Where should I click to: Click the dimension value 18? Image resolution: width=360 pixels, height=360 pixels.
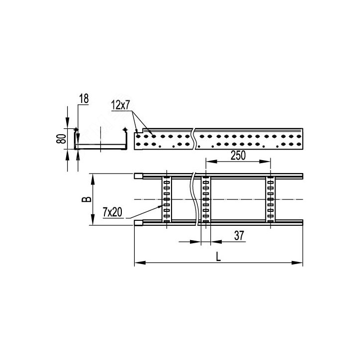pos(84,99)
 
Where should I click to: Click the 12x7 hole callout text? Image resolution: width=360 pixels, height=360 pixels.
pos(120,105)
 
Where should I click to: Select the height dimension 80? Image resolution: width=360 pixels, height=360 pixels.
pos(61,139)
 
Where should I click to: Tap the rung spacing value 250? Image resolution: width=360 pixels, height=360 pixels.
pos(238,156)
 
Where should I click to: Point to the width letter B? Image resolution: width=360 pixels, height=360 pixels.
pos(87,199)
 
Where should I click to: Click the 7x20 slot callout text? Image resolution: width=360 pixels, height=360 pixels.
pos(112,212)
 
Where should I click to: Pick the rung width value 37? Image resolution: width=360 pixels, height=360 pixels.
pos(239,236)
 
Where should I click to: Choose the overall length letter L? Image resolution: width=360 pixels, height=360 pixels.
pos(218,256)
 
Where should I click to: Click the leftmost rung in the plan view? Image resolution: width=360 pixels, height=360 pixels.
pos(167,199)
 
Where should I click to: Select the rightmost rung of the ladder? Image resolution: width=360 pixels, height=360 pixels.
pos(270,199)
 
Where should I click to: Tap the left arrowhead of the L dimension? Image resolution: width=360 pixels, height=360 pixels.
pos(140,263)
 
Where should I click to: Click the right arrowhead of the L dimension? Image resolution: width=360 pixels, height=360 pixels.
pos(297,263)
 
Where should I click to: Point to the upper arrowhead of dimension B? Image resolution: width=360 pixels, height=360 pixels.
pos(92,179)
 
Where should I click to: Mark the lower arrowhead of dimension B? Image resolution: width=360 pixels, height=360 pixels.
pos(92,220)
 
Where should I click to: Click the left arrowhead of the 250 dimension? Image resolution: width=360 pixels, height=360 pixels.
pos(211,162)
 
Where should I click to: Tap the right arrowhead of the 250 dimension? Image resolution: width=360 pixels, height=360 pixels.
pos(265,162)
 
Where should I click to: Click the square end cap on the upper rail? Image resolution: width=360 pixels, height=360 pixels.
pos(138,176)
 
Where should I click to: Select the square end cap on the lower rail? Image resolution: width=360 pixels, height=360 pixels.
pos(138,223)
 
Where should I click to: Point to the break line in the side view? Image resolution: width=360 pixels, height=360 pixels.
pos(194,139)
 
